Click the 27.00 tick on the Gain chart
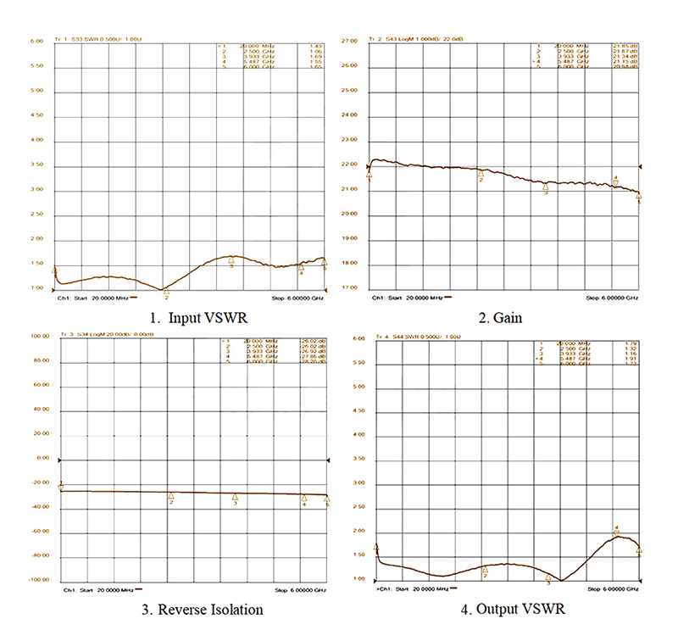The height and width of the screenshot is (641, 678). click(350, 41)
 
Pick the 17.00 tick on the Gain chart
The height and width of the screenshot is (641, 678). click(350, 288)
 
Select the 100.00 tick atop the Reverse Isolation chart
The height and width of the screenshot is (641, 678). click(35, 336)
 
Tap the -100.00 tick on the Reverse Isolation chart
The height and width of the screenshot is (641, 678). click(34, 581)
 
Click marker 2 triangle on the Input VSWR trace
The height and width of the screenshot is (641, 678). click(166, 291)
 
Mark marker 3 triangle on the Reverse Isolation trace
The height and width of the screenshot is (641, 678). click(235, 497)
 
